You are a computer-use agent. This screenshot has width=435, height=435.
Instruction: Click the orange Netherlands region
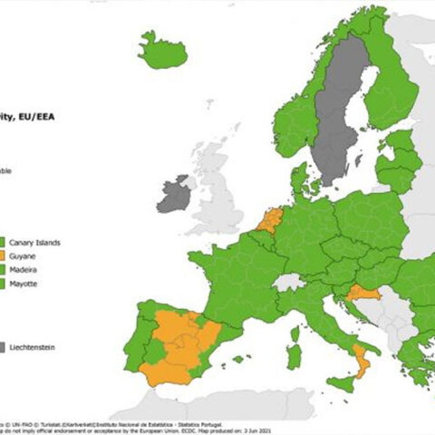click(270, 219)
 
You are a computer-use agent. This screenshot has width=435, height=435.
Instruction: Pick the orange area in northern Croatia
click(361, 293)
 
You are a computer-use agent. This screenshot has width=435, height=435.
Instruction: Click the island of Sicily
click(343, 383)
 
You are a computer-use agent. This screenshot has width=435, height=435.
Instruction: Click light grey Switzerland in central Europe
click(289, 282)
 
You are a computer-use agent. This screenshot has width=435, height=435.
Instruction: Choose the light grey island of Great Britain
click(217, 195)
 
